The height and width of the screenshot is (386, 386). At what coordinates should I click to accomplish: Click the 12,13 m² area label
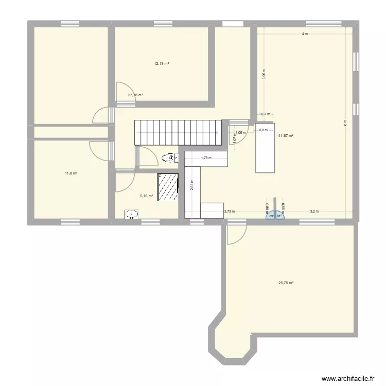pos(162,64)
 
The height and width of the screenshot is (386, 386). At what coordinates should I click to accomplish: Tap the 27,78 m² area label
pos(135,95)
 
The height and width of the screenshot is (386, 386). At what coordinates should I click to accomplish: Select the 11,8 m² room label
pos(71,173)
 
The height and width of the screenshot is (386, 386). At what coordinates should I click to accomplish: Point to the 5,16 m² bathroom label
pos(147,196)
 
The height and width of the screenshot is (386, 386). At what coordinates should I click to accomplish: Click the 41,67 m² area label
pos(286,136)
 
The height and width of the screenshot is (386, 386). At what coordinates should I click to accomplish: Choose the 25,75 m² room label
pos(286,283)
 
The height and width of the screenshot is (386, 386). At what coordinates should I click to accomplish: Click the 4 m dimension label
pos(305,34)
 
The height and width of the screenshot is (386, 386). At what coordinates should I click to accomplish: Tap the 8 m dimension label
pos(346,122)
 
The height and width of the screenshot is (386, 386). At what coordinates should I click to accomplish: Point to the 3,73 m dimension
pos(229,211)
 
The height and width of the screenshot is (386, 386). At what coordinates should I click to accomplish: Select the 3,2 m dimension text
pos(314,211)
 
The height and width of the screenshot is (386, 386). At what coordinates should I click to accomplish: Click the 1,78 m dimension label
pos(206,158)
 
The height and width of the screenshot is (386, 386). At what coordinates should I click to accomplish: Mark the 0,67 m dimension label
pos(264,114)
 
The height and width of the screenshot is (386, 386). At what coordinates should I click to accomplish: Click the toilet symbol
pos(169,158)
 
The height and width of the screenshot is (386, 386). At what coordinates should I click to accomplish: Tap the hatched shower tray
pos(168,187)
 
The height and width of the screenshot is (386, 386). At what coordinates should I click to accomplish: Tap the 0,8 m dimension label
pos(264,130)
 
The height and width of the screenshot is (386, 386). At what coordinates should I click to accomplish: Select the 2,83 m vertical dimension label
pos(192,185)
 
